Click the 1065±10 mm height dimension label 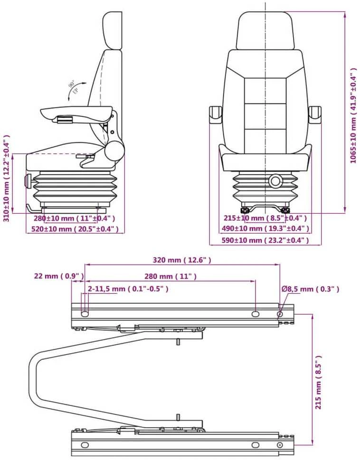pyautogui.click(x=353, y=115)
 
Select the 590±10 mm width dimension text pyautogui.click(x=265, y=241)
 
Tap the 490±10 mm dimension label pyautogui.click(x=265, y=228)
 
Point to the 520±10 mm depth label pyautogui.click(x=75, y=229)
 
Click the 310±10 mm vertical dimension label pyautogui.click(x=7, y=178)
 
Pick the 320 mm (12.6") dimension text pyautogui.click(x=182, y=260)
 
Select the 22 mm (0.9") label pyautogui.click(x=59, y=276)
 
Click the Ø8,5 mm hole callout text pyautogui.click(x=311, y=289)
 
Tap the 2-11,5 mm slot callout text pyautogui.click(x=128, y=289)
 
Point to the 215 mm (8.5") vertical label pyautogui.click(x=318, y=382)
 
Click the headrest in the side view pyautogui.click(x=112, y=30)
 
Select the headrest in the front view pyautogui.click(x=265, y=30)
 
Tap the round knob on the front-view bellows pyautogui.click(x=275, y=181)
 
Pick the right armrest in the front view pyautogui.click(x=314, y=115)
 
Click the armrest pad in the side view pyautogui.click(x=76, y=113)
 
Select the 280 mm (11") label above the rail pyautogui.click(x=171, y=276)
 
